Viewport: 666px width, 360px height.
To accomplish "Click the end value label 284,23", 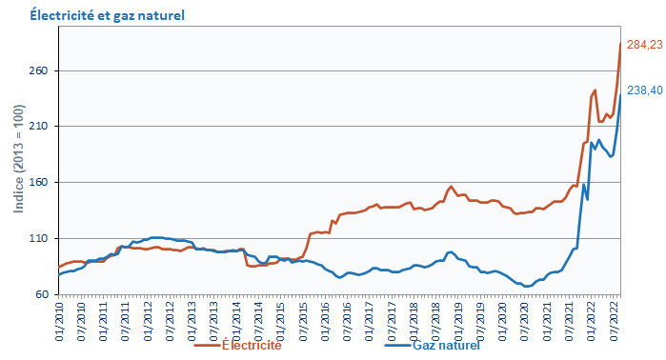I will coord(644,45).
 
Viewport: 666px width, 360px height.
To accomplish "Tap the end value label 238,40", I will coord(644,90).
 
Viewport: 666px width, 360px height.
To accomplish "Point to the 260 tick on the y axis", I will coord(40,71).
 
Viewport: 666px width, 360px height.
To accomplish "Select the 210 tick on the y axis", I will coord(40,127).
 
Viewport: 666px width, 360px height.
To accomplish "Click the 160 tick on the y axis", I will coord(40,183).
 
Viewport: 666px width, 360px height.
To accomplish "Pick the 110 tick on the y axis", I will coord(40,238).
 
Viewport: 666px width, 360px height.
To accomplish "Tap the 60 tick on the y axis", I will coord(43,294).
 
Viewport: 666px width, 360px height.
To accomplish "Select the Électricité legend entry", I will coord(251,345).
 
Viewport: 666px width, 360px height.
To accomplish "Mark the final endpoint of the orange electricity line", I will coord(621,44).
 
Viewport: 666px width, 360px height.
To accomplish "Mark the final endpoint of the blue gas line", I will coord(621,94).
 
